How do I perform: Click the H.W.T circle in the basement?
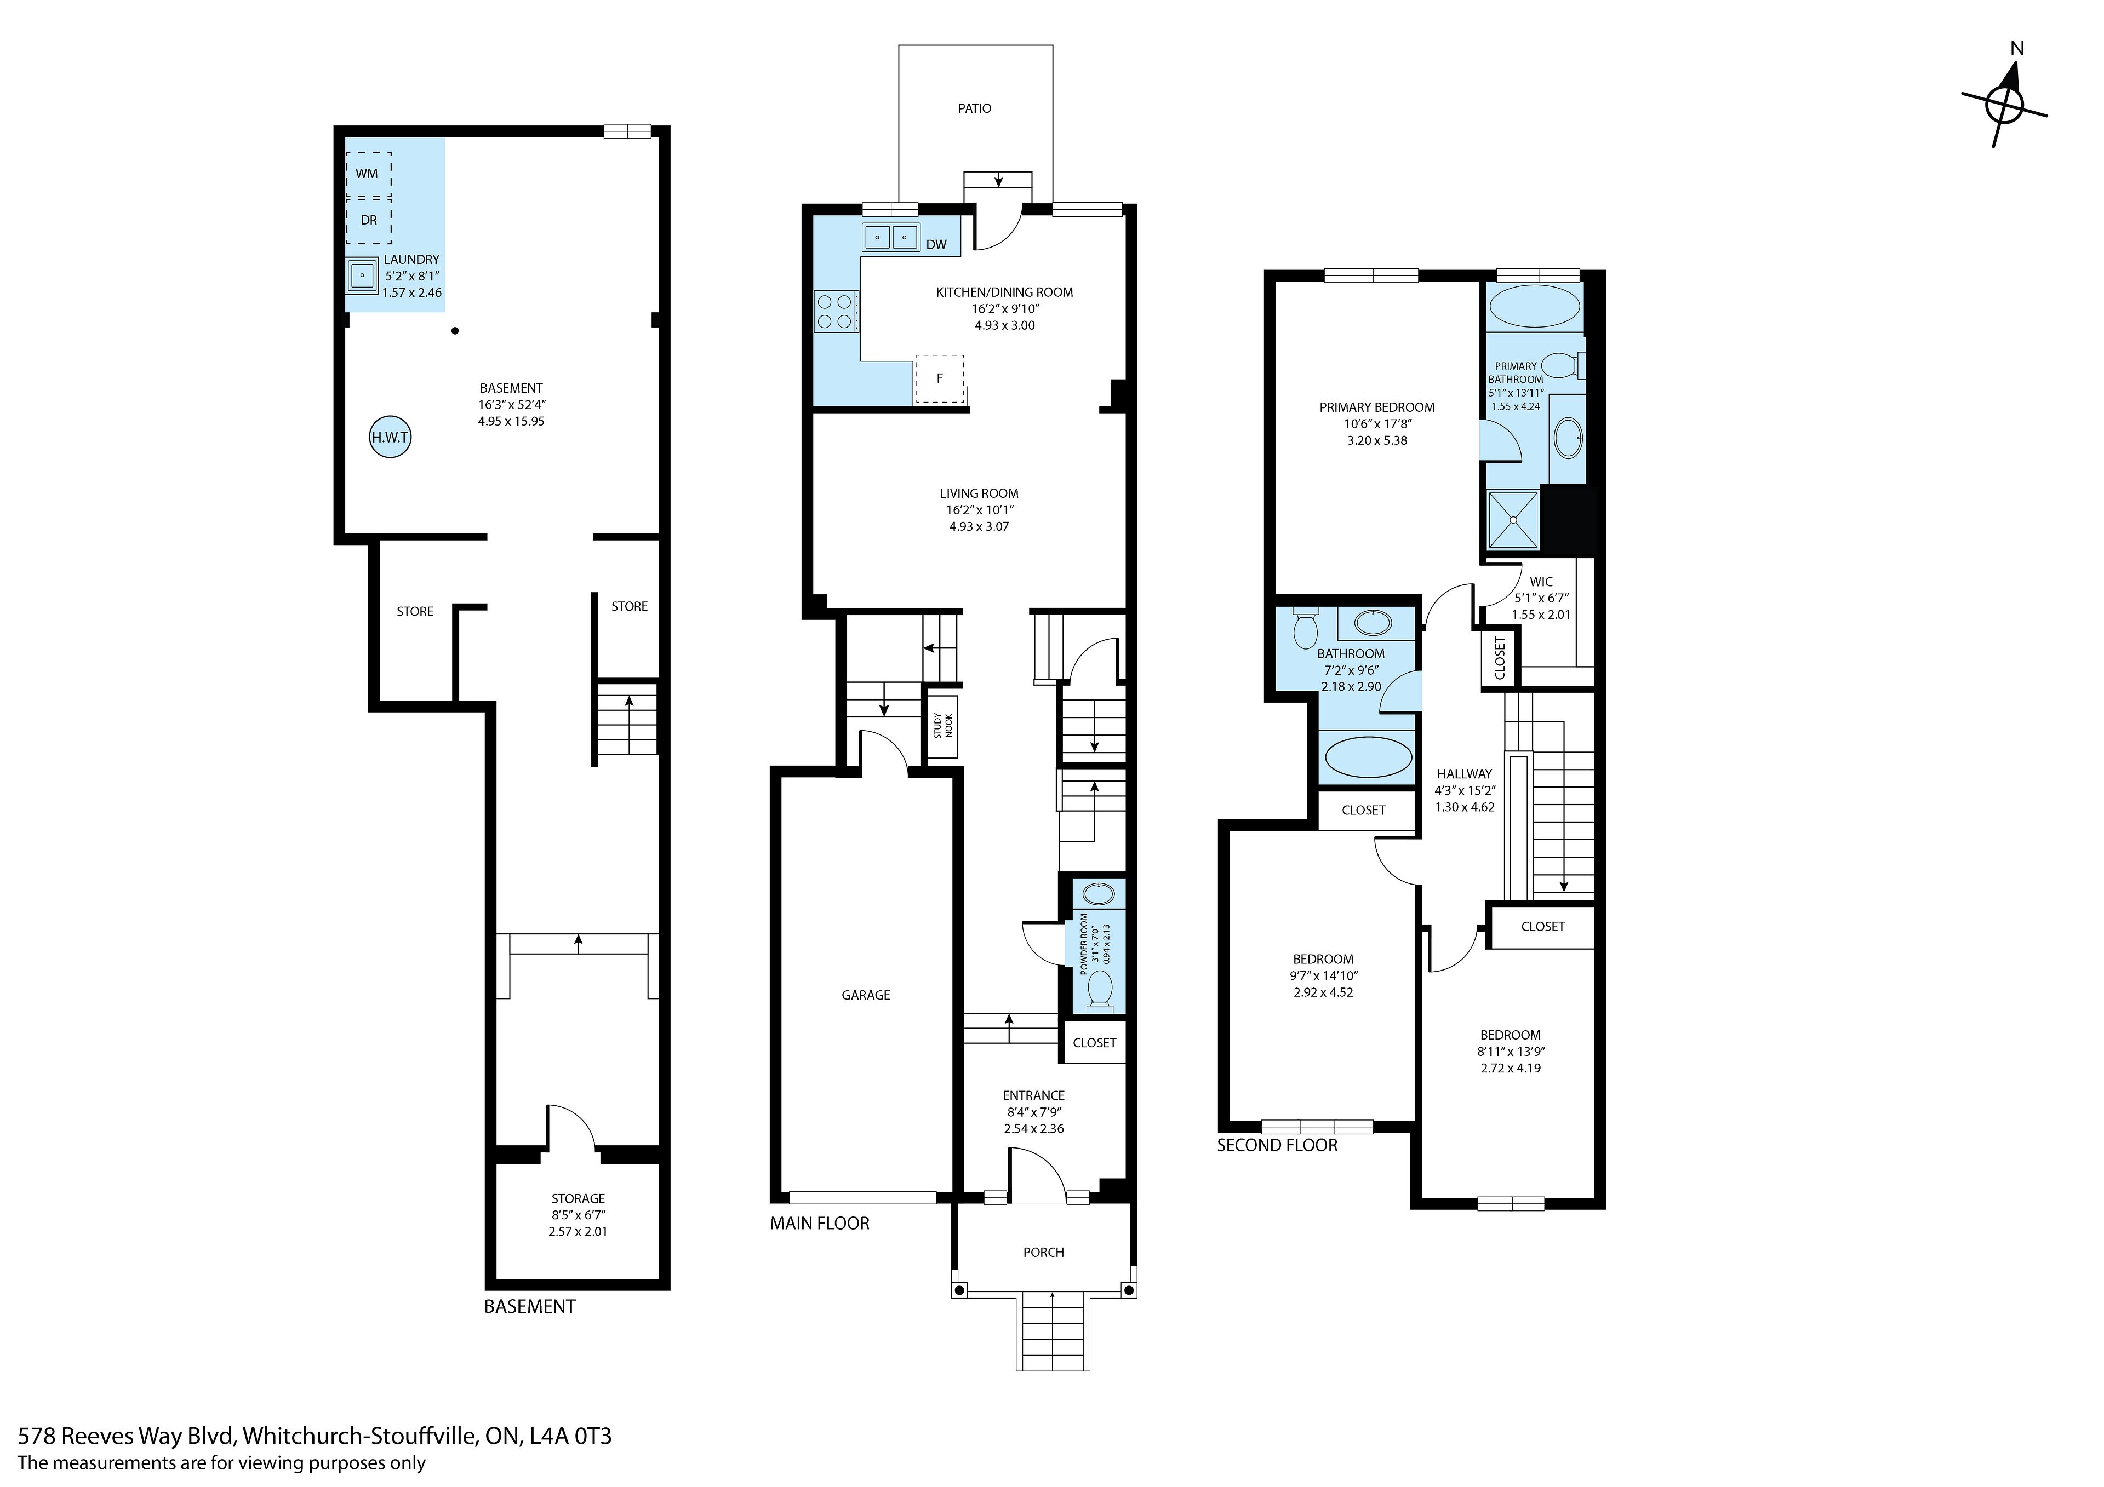click(x=390, y=437)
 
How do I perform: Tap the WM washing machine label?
click(x=367, y=173)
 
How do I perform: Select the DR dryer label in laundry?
click(x=368, y=220)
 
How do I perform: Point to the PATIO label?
click(x=975, y=108)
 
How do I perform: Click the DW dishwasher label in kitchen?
click(x=936, y=245)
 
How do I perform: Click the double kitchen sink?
click(x=891, y=237)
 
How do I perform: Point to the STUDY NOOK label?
click(x=943, y=726)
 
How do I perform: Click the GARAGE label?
click(x=866, y=995)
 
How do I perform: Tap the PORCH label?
click(x=1044, y=1253)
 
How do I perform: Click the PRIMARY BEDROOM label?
click(x=1377, y=407)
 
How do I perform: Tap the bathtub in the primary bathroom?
click(x=1534, y=306)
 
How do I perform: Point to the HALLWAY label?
click(x=1465, y=774)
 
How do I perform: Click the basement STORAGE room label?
click(x=578, y=1198)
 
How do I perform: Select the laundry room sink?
click(x=363, y=275)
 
